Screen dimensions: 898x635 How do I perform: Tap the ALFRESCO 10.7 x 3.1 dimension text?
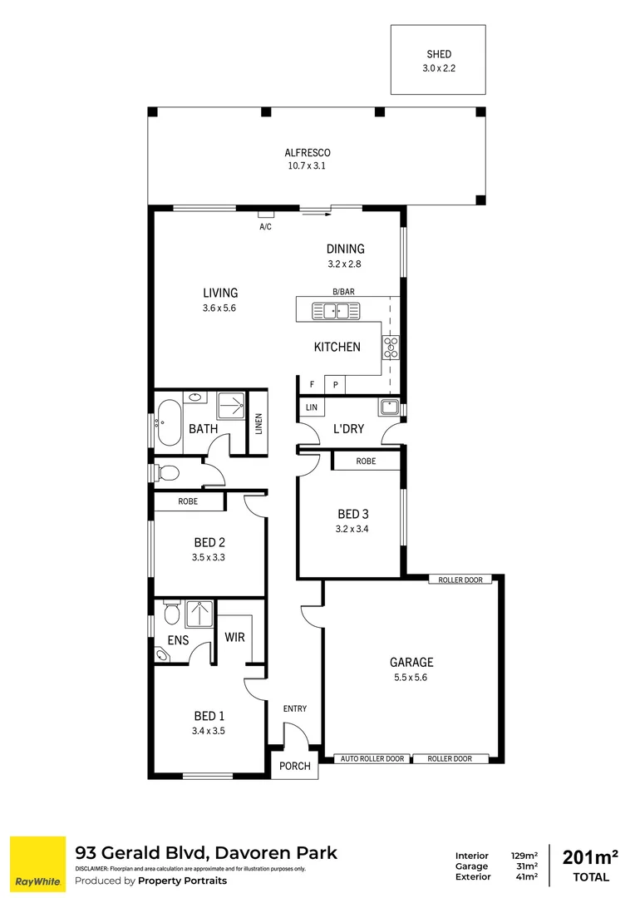(x=308, y=166)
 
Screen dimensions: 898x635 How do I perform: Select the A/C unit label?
(x=266, y=226)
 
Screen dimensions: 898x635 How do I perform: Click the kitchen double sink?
(x=336, y=311)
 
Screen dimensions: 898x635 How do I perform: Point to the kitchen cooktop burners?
(x=391, y=347)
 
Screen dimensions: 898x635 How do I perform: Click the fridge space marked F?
(x=312, y=385)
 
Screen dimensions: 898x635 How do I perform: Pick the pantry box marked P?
(x=336, y=385)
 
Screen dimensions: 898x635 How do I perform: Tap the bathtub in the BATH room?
(x=168, y=423)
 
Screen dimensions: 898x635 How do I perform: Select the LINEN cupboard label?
(x=258, y=424)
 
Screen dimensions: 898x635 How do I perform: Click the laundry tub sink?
(x=387, y=407)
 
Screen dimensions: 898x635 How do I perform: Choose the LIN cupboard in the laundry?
(x=312, y=407)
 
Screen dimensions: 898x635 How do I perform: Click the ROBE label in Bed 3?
(x=366, y=461)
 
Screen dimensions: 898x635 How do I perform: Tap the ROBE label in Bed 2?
(x=188, y=502)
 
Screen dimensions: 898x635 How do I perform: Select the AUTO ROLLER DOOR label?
(x=372, y=758)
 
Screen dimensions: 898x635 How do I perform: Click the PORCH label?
(x=295, y=767)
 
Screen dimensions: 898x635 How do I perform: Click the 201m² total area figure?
(x=590, y=857)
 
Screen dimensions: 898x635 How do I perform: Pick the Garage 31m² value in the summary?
(x=524, y=866)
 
